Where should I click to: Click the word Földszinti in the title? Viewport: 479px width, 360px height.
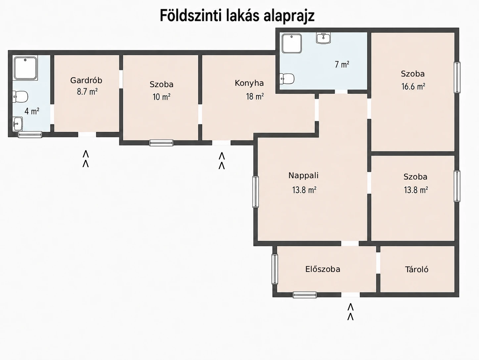[x=190, y=16]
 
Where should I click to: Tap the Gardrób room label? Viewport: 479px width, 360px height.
[x=86, y=80]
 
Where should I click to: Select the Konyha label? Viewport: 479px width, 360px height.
[x=249, y=83]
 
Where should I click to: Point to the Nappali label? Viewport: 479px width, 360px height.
[x=303, y=176]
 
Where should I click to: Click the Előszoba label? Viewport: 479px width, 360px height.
[x=323, y=269]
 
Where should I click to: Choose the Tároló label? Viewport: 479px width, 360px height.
[x=417, y=270]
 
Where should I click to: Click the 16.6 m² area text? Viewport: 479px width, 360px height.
[x=413, y=87]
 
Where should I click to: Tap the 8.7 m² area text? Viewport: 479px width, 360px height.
[x=87, y=92]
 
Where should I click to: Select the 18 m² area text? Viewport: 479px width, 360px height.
[x=255, y=96]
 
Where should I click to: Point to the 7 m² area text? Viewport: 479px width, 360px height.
[x=342, y=65]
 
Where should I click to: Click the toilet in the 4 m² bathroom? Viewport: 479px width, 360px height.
[x=20, y=96]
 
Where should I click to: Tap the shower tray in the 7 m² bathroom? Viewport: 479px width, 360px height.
[x=292, y=43]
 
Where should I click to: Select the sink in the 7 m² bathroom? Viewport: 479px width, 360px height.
[x=323, y=38]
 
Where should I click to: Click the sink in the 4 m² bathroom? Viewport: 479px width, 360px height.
[x=18, y=124]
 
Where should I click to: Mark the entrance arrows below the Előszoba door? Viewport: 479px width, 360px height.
[x=351, y=312]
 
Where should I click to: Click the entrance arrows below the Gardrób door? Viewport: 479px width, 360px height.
[x=85, y=159]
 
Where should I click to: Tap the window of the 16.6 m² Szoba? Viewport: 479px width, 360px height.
[x=457, y=77]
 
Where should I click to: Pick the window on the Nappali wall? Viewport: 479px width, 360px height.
[x=256, y=192]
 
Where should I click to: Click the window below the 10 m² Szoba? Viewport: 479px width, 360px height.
[x=161, y=143]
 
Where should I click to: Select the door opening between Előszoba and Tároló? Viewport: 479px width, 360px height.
[x=378, y=263]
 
